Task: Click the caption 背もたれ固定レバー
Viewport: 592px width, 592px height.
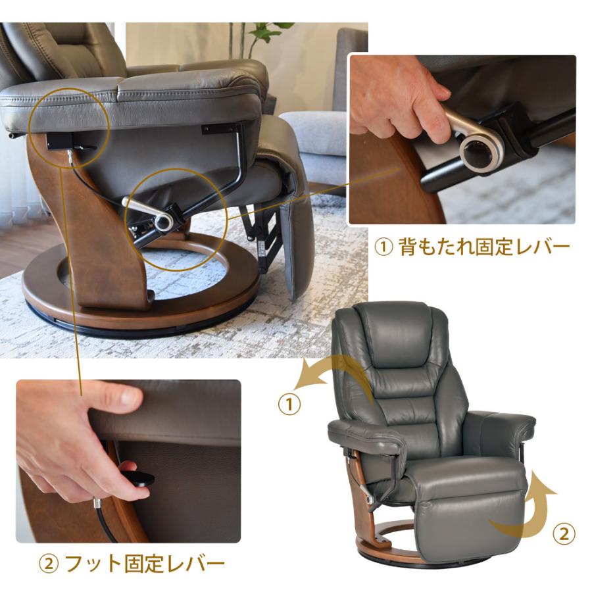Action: tap(484, 247)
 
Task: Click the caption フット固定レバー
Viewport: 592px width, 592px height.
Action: tap(145, 564)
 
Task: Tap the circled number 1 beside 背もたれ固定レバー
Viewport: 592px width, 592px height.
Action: tap(383, 247)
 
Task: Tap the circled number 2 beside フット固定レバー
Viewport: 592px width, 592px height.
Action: tap(49, 565)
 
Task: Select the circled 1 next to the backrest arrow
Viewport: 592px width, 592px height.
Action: tap(289, 405)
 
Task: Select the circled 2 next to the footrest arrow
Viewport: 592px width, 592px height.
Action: tap(564, 534)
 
